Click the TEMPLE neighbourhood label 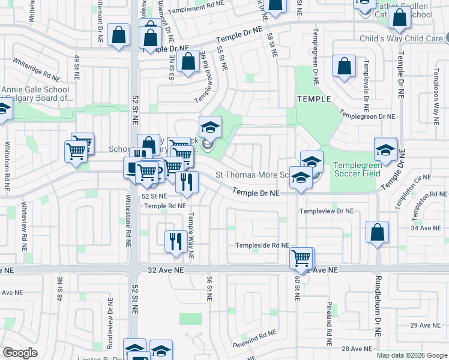tap(313, 98)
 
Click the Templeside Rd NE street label tap(262, 245)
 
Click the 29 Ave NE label tap(425, 325)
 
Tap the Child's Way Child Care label tap(400, 38)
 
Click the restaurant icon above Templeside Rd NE tap(175, 242)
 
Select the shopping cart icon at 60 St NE tap(301, 259)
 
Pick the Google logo tap(20, 353)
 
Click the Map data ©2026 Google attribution tap(412, 355)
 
